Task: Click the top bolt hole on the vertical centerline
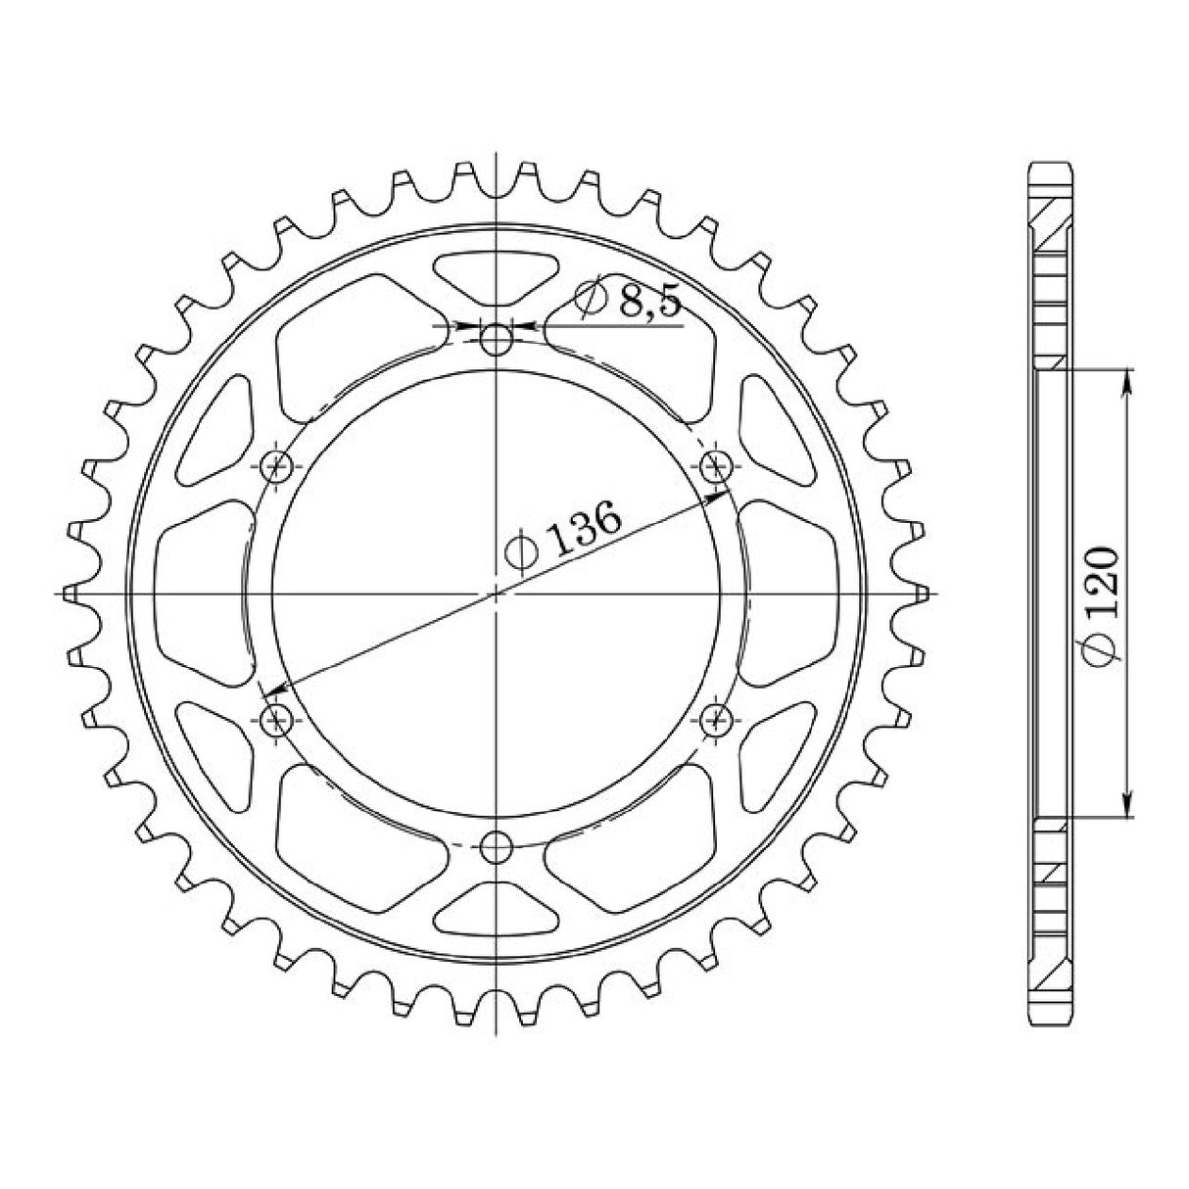[498, 340]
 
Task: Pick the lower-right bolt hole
[717, 719]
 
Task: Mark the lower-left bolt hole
[278, 721]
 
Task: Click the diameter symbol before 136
[520, 554]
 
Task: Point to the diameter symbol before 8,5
[592, 300]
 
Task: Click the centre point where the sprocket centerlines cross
[498, 593]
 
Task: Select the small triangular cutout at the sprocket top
[498, 275]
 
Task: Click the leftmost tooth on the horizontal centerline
[69, 593]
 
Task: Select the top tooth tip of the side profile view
[1054, 166]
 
